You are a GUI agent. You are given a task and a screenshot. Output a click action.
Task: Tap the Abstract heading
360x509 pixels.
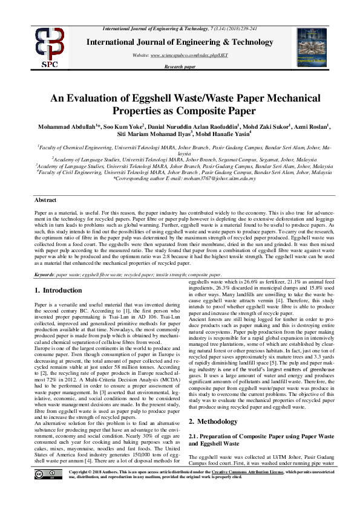[x=46, y=199]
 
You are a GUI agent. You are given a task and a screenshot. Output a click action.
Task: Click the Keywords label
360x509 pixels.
[x=45, y=274]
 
